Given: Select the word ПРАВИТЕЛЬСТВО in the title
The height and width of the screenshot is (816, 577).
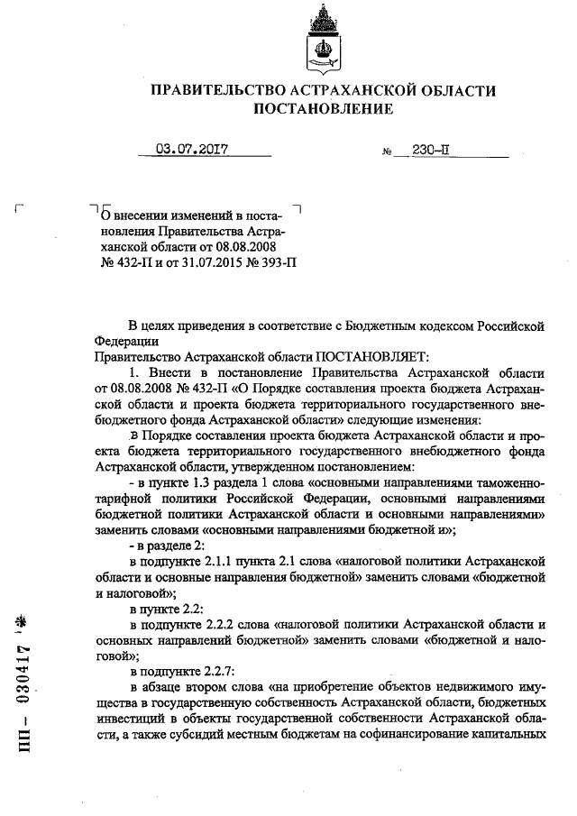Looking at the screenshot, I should click(215, 90).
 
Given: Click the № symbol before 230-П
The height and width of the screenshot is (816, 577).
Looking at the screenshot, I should click(388, 154).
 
